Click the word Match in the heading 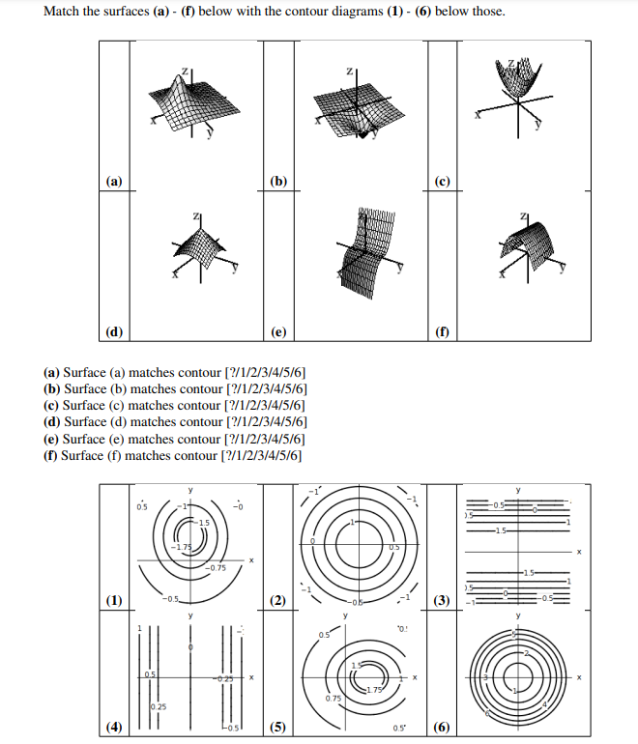(62, 11)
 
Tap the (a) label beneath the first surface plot (115, 181)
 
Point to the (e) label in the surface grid (279, 331)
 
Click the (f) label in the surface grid (444, 331)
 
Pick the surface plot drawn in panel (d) (203, 249)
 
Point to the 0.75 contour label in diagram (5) (333, 698)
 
